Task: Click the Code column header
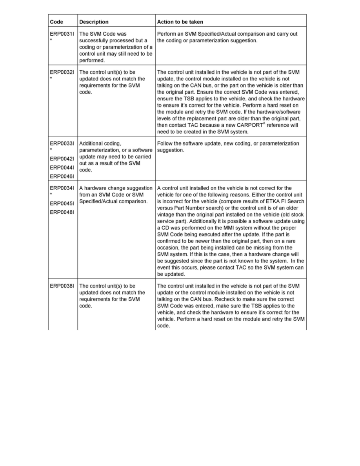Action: click(56, 22)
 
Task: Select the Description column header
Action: click(94, 22)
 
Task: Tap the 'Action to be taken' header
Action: click(180, 22)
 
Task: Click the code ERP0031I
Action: click(62, 34)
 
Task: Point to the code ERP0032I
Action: click(62, 72)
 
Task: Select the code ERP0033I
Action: click(62, 144)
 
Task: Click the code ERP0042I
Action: click(62, 159)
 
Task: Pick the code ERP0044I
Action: click(62, 167)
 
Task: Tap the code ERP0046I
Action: click(62, 176)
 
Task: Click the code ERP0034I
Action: click(62, 188)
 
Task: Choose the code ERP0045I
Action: click(62, 204)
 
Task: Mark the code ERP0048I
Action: click(62, 212)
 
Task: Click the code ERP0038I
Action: click(62, 286)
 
